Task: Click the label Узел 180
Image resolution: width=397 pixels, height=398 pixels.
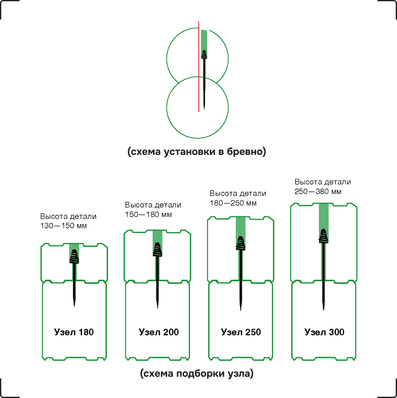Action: click(x=74, y=332)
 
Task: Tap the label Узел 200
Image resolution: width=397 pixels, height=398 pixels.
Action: click(x=158, y=332)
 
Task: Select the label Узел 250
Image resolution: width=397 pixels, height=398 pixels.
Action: click(x=241, y=332)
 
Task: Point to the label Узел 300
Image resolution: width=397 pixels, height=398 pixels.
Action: click(x=324, y=332)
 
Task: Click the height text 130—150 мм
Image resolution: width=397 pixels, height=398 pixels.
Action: click(x=63, y=225)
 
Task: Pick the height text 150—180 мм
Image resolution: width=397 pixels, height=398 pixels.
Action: click(x=148, y=214)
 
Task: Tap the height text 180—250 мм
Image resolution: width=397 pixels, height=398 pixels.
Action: click(x=233, y=203)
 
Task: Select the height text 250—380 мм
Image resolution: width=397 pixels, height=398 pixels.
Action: click(x=318, y=191)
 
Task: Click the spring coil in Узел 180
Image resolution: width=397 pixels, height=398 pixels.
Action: click(x=74, y=256)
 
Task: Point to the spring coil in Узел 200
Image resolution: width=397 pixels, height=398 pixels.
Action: click(x=158, y=249)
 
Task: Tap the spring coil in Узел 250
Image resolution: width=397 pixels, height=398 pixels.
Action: click(x=241, y=243)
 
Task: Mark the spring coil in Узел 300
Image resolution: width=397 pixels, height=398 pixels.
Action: click(x=324, y=236)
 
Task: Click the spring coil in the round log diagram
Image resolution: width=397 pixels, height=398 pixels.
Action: click(x=204, y=54)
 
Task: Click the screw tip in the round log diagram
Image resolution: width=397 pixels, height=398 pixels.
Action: click(x=204, y=109)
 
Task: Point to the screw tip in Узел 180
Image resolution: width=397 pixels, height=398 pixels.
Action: click(x=74, y=307)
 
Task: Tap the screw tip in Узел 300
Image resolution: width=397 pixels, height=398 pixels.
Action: click(x=324, y=310)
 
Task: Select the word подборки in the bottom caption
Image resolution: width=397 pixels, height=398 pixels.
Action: click(x=200, y=374)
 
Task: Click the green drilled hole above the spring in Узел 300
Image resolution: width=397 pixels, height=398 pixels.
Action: click(x=324, y=216)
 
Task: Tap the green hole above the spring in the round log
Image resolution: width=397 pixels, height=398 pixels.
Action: click(x=204, y=40)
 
